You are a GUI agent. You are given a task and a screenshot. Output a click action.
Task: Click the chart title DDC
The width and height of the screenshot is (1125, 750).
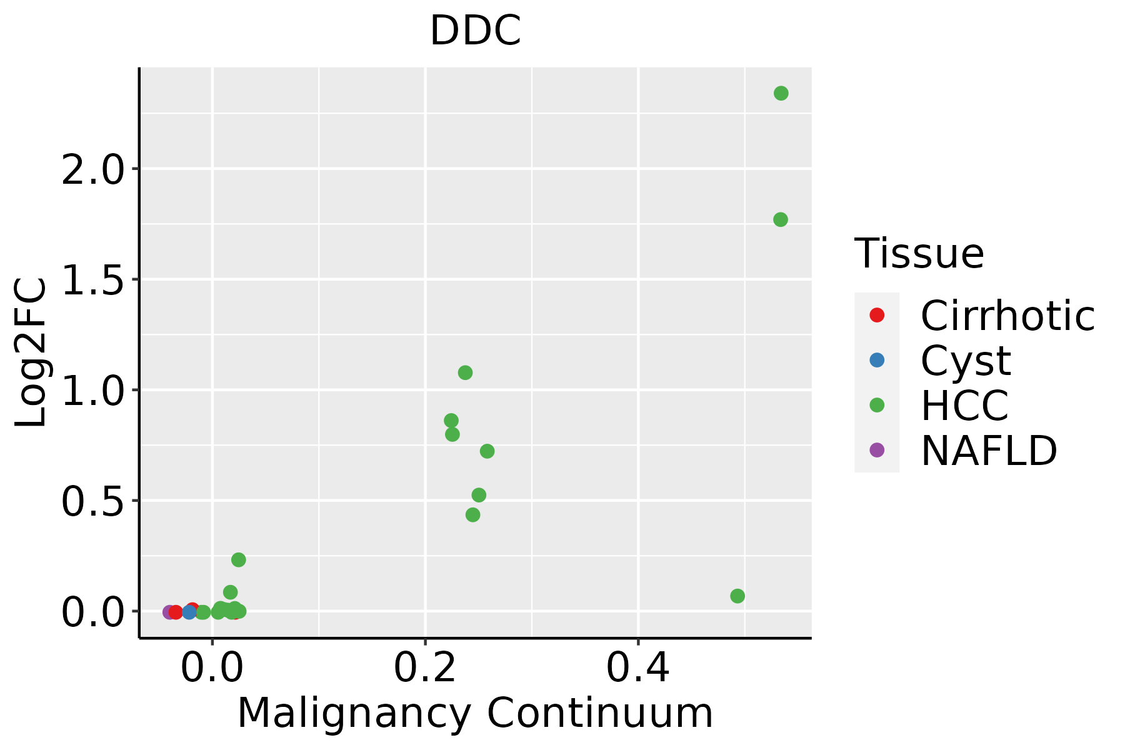point(475,31)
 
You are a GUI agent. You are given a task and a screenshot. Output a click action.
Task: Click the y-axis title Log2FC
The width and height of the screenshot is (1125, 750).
point(31,353)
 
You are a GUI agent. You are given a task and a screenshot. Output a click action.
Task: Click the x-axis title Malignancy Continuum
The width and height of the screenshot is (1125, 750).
point(475,713)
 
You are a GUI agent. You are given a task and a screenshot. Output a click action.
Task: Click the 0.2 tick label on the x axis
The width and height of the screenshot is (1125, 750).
point(425,667)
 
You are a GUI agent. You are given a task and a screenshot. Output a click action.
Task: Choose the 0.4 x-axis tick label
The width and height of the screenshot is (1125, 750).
point(638,667)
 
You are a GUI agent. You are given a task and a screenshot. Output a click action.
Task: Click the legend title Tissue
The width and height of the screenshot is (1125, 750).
point(919,254)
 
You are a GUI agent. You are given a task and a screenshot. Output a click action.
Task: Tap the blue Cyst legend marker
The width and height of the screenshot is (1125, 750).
point(877,360)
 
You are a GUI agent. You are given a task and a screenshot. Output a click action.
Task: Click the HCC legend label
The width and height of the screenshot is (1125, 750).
point(964,406)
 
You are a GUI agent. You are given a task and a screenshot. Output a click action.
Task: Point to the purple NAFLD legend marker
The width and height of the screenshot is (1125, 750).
point(877,450)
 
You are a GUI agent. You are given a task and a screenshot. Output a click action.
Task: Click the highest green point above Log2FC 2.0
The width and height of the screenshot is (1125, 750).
point(781,93)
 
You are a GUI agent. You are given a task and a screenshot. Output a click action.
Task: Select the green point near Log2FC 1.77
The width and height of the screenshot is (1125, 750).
point(780,219)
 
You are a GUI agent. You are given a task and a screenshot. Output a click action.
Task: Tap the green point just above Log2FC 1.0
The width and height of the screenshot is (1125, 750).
point(465,372)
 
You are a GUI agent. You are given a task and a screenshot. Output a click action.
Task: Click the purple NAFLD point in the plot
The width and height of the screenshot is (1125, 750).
point(169,612)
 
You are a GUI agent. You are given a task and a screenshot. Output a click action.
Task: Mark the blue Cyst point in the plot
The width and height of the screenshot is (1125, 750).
point(189,612)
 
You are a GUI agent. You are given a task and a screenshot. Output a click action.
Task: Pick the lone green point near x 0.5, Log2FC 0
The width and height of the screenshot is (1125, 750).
point(737,596)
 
